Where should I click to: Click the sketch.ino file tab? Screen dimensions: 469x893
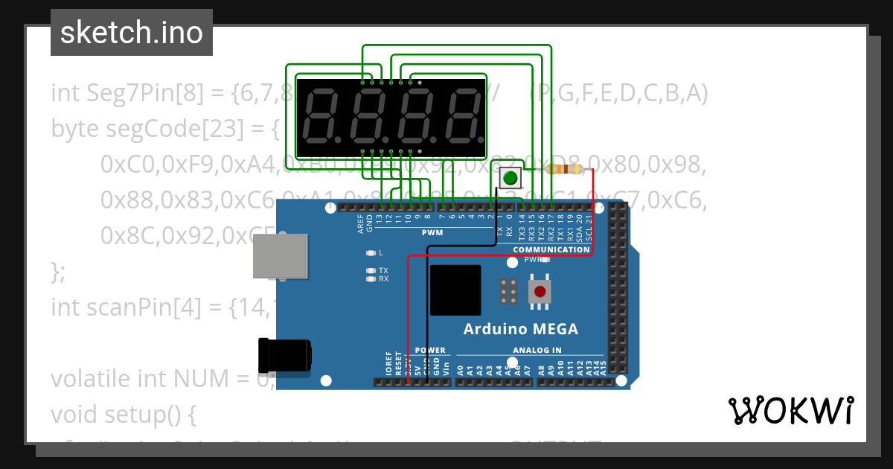(131, 33)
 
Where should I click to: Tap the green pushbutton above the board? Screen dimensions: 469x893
(510, 179)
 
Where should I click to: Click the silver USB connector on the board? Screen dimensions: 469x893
(281, 256)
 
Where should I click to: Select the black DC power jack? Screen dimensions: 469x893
(284, 356)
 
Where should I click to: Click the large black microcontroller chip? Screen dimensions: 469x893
(455, 290)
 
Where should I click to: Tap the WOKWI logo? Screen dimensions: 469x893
(790, 410)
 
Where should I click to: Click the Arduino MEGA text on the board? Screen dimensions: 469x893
(520, 329)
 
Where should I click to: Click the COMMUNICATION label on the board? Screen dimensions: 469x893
(551, 249)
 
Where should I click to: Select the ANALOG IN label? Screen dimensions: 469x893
(537, 350)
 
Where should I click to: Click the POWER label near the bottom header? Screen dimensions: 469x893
(430, 350)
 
